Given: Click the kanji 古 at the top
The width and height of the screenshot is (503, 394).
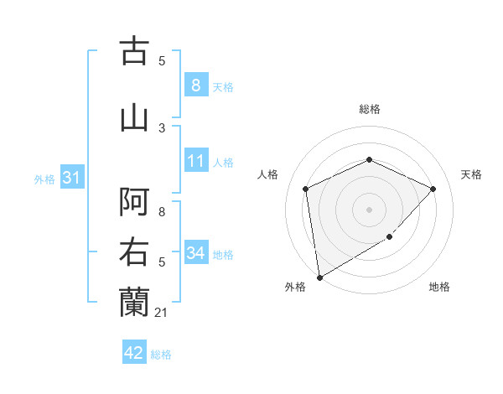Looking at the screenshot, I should (135, 51).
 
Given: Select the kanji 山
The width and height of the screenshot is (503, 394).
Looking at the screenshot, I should (135, 117).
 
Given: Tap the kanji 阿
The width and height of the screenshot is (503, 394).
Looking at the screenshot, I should (135, 202).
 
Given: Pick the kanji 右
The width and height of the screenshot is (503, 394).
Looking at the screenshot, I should (135, 252).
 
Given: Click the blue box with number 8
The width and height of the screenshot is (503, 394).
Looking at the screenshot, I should (195, 86).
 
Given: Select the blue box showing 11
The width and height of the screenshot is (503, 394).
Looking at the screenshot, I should (195, 161).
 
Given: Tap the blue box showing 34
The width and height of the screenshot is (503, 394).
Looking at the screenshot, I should (195, 252).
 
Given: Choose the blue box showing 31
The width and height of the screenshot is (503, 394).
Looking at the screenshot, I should (71, 178).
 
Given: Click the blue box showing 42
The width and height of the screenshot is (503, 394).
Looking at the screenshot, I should (133, 353).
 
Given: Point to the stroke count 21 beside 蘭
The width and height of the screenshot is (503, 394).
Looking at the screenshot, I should (162, 313).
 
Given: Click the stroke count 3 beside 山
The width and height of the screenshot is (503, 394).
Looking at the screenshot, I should (162, 127).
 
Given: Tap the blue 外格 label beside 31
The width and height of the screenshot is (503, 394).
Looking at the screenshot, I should (44, 179).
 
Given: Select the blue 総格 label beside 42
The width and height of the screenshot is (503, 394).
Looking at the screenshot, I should (161, 354).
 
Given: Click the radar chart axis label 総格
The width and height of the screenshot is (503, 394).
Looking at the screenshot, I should (369, 109).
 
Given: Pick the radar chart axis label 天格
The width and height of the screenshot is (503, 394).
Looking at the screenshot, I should (472, 174).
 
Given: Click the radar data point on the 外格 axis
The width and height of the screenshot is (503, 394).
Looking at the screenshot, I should (319, 277).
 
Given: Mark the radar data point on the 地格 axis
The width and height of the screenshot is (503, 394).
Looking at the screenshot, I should (389, 237).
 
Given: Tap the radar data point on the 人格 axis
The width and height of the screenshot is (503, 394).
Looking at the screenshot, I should (305, 189).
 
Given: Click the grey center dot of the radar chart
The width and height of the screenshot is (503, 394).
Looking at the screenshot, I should (369, 209).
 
